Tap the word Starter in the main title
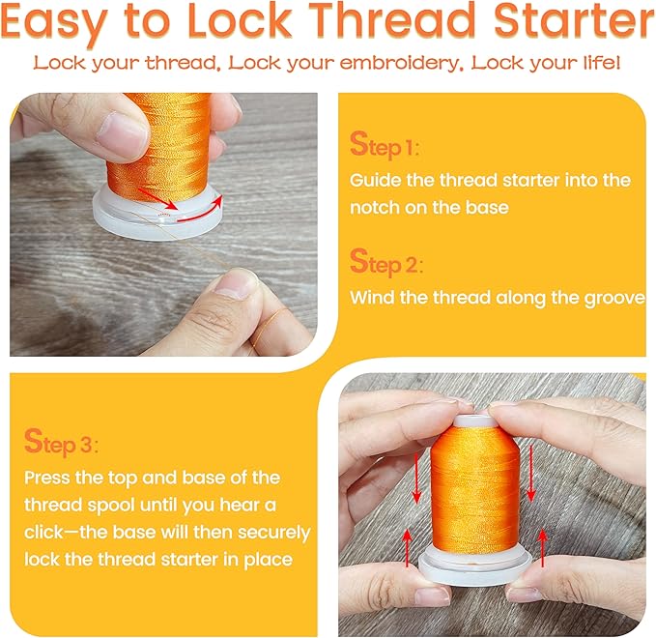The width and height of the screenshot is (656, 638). click(x=574, y=20)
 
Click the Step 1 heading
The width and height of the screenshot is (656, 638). click(x=385, y=146)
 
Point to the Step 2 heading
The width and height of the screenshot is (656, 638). click(x=386, y=263)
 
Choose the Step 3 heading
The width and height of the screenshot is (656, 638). click(x=61, y=442)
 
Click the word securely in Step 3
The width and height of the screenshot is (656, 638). click(x=274, y=533)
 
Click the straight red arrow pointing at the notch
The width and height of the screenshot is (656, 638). click(x=157, y=198)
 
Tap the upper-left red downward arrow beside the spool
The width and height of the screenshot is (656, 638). click(x=416, y=478)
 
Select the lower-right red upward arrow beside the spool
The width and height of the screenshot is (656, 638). click(x=542, y=547)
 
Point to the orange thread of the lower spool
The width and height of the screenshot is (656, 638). click(x=474, y=489)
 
